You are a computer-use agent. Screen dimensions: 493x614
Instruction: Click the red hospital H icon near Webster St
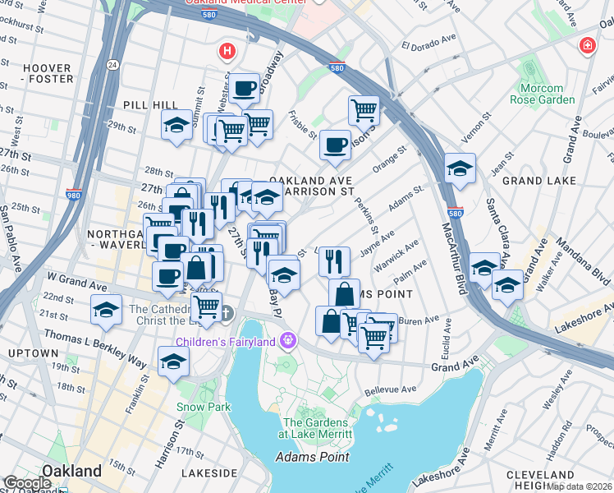[227, 52]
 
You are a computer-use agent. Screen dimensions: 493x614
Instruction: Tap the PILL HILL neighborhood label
[145, 105]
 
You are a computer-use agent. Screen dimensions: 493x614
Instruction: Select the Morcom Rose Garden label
[542, 94]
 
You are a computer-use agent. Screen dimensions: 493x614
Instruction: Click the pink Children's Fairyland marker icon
[287, 339]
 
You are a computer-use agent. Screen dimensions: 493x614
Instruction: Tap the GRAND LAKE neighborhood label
[534, 180]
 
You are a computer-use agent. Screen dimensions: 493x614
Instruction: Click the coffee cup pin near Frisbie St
[335, 145]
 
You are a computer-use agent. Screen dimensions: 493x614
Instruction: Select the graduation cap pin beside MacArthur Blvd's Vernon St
[460, 168]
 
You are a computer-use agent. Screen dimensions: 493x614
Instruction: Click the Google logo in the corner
[28, 483]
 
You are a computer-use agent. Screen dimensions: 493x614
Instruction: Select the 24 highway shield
[112, 65]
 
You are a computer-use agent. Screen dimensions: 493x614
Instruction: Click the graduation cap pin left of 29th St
[176, 125]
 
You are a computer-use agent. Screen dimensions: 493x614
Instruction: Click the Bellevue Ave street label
[392, 389]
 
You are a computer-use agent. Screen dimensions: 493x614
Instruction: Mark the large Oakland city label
[72, 471]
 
